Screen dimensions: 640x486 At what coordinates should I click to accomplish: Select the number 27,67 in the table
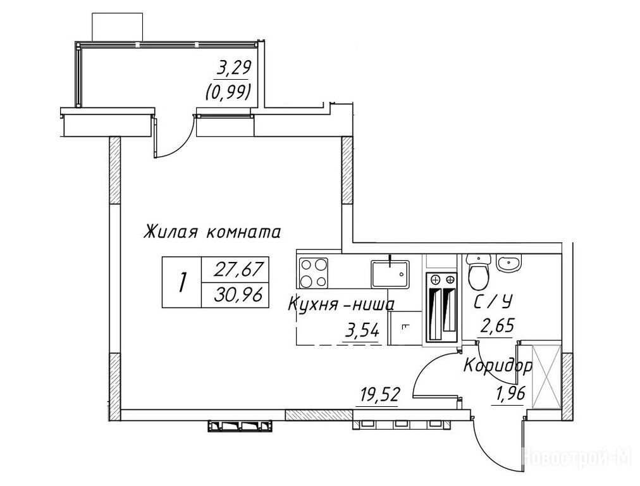tap(238, 270)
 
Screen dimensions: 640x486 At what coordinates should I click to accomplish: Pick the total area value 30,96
tap(238, 294)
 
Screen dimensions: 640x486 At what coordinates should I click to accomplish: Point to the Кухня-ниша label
tap(342, 304)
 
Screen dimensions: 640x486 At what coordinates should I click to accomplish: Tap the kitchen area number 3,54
tap(362, 330)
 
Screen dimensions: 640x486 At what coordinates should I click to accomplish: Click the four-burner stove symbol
tap(314, 272)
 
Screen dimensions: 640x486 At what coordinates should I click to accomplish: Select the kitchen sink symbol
tap(391, 273)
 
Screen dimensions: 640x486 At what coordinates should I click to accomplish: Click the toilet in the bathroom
tap(479, 271)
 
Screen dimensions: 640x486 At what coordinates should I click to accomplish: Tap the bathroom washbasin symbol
tap(508, 263)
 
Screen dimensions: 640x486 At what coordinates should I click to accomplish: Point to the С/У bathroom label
tap(493, 302)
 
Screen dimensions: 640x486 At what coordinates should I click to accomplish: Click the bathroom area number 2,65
tap(496, 327)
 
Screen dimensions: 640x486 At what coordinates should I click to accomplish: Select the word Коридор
tap(498, 366)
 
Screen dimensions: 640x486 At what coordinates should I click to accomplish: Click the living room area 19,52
tap(379, 396)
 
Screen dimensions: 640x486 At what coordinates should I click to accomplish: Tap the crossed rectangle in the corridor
tap(546, 376)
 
